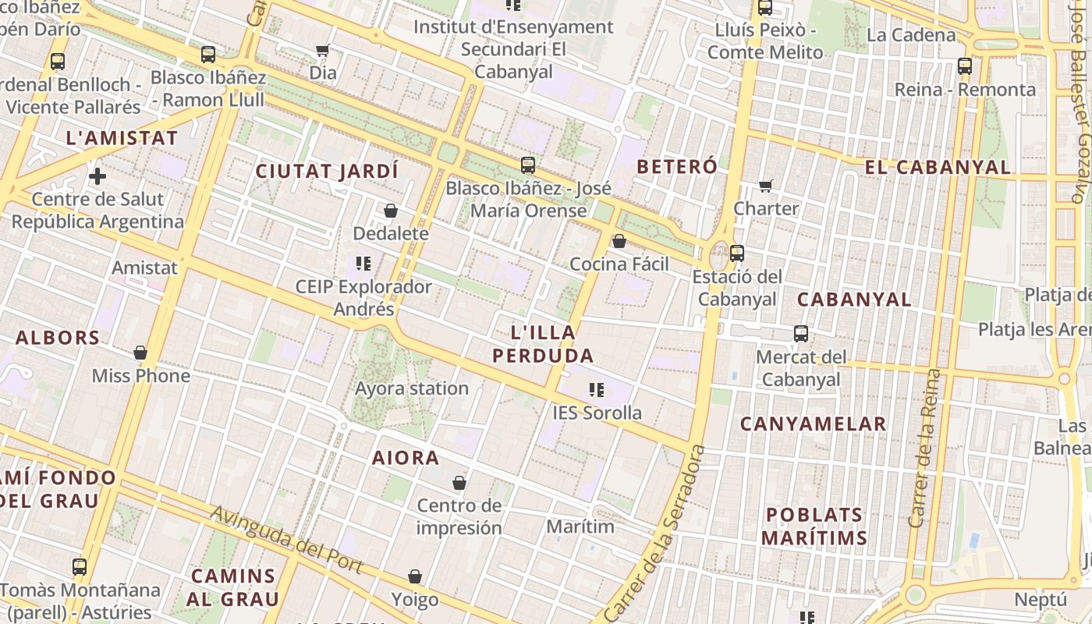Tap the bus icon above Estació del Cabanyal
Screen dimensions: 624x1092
coord(737,253)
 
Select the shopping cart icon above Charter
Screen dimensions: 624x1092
coord(766,186)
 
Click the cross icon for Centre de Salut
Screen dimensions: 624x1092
coord(97,176)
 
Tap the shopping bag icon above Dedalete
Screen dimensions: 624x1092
coord(391,211)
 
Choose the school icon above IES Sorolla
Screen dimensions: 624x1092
coord(597,390)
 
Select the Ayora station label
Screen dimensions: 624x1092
coord(412,388)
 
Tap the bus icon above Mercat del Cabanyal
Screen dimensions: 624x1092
coord(801,334)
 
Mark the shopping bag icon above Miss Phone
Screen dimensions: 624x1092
coord(140,353)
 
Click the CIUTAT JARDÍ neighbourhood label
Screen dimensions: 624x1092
coord(327,171)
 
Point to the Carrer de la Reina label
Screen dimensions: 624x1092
coord(925,448)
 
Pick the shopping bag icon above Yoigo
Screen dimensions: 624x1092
coord(415,577)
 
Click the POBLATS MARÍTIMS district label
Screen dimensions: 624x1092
coord(814,526)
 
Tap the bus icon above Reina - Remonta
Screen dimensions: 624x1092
coord(965,66)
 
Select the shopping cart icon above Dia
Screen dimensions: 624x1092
coord(322,51)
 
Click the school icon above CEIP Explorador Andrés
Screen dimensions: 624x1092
coord(363,264)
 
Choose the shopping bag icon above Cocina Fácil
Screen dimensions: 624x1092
coord(619,242)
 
